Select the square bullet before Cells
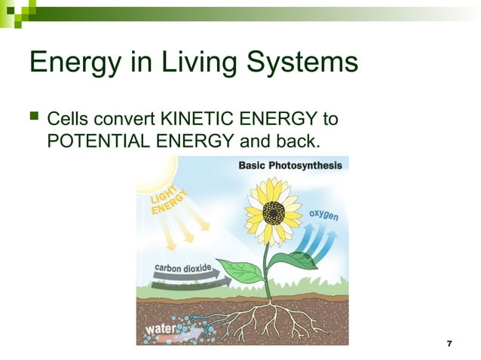(34, 119)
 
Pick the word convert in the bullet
(120, 119)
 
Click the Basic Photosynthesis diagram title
(290, 166)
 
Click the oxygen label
(323, 215)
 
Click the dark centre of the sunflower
(273, 212)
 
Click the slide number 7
(449, 343)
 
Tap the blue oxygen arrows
(314, 240)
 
